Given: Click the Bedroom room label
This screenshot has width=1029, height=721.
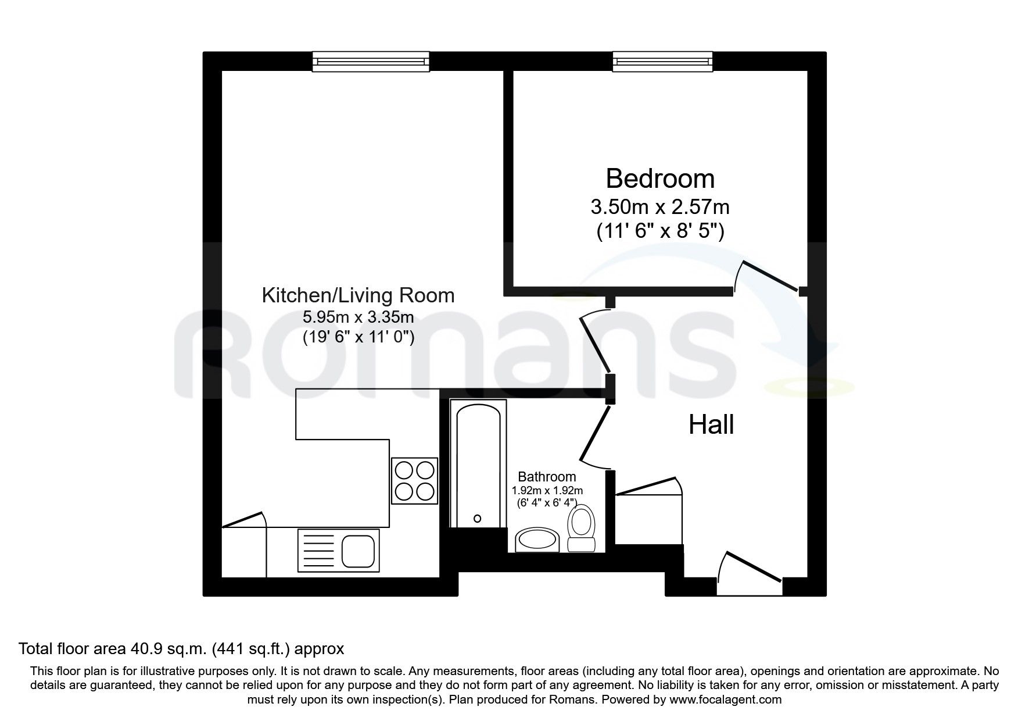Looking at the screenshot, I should [659, 179].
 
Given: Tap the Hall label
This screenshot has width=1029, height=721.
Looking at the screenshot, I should [711, 425].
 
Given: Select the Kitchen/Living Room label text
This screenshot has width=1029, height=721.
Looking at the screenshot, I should [358, 295].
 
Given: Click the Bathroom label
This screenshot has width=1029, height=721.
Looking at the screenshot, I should [547, 477].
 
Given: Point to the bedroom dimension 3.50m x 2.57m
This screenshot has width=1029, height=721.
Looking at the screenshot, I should [659, 206].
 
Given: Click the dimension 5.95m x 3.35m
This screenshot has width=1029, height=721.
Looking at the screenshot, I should [358, 317].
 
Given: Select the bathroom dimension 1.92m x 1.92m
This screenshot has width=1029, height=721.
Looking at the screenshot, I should [547, 491].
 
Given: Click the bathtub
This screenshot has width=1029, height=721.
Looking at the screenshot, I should [478, 465].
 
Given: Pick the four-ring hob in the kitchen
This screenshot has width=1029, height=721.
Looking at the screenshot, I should [414, 481].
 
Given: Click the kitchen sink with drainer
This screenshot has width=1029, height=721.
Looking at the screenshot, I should [338, 548].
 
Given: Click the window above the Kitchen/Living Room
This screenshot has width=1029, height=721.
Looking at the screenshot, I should [371, 61].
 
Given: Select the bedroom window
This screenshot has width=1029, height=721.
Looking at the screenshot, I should [662, 61].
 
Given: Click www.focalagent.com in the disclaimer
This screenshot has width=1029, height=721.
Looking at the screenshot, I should [725, 699].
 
